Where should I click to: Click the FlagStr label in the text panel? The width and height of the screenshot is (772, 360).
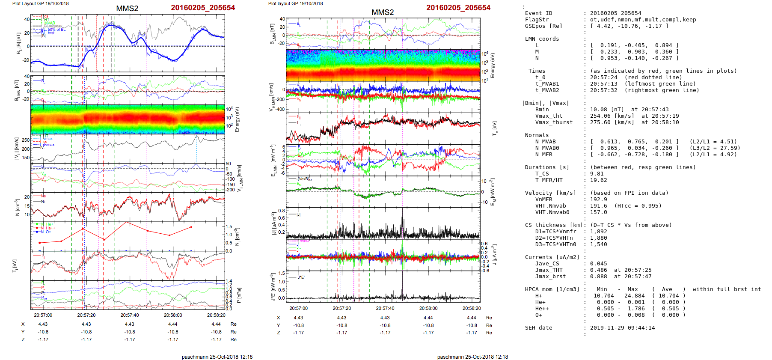pos(537,20)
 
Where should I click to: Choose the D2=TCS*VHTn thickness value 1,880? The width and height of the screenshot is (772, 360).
pos(598,238)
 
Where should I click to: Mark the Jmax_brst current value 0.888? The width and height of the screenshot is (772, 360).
pos(598,277)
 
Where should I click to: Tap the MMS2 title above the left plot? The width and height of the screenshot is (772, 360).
pos(127,9)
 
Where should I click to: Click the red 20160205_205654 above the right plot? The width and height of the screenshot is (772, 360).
pos(458,8)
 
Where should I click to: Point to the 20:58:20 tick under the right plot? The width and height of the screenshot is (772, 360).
pos(471,308)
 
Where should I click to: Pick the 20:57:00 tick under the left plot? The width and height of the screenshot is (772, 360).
pos(43,315)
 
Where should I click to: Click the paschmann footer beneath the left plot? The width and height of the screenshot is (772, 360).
pos(217,357)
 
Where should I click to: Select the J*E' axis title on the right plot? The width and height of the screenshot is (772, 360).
pos(272,287)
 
